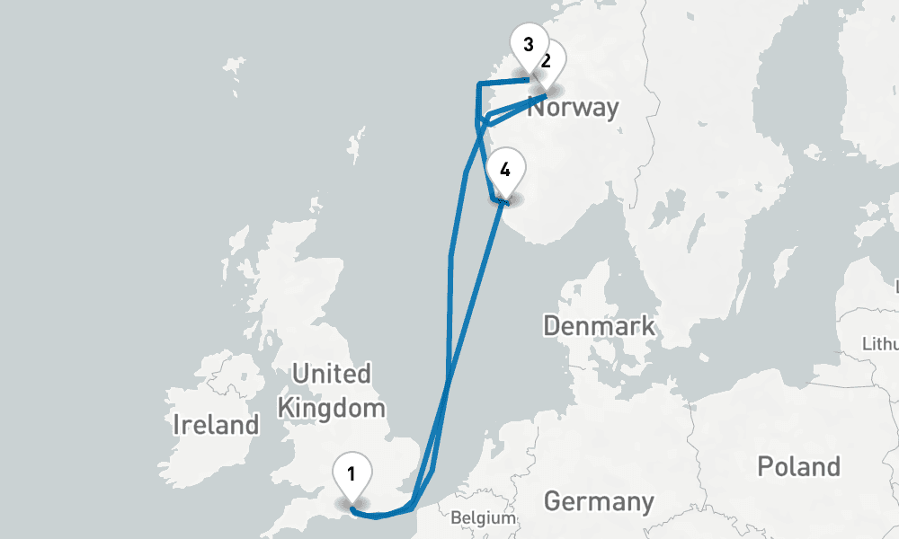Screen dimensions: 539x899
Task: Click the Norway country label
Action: coord(573,108)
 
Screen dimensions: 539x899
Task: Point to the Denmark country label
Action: coord(599,325)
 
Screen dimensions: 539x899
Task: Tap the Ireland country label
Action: coord(216,424)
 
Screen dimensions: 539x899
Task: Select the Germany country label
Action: coord(599,500)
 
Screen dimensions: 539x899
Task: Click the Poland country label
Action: coord(798,466)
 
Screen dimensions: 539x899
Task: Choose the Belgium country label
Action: coord(483,518)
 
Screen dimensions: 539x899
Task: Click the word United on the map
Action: coord(332,374)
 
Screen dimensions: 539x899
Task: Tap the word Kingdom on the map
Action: coord(331,409)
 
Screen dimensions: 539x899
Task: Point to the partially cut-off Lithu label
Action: coord(879,344)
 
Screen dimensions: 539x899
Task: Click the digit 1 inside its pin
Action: coord(352,472)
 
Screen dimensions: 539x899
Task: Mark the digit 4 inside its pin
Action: coord(505,169)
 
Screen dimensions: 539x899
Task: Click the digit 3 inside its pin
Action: coord(528,43)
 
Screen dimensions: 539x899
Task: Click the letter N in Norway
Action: coord(535,108)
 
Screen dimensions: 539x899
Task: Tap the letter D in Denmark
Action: coord(551,325)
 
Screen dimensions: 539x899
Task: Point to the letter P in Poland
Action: coord(764,466)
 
